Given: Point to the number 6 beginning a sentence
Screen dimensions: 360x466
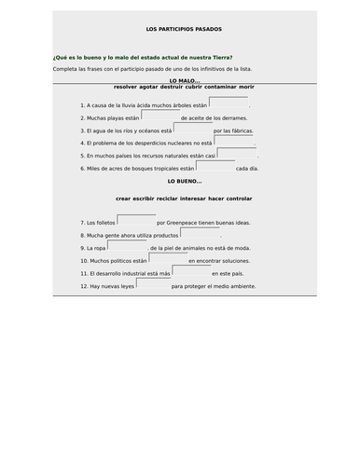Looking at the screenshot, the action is click(x=83, y=169).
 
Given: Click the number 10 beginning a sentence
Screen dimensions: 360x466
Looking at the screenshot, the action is click(x=85, y=262).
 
